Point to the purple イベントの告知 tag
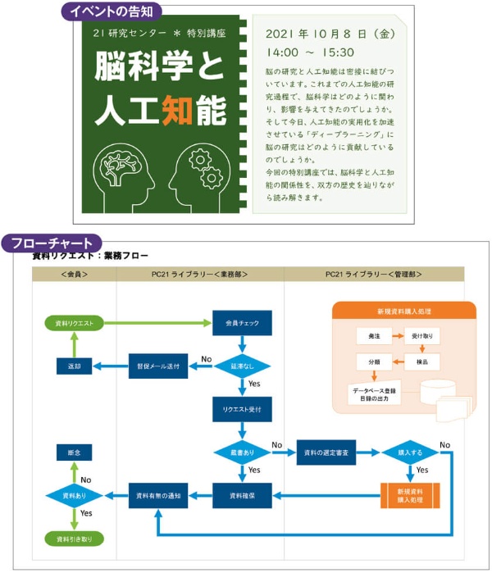coord(112,11)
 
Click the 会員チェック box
coord(242,323)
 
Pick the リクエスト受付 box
coord(242,408)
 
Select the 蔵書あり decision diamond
coord(242,452)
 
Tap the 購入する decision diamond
coord(410,452)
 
